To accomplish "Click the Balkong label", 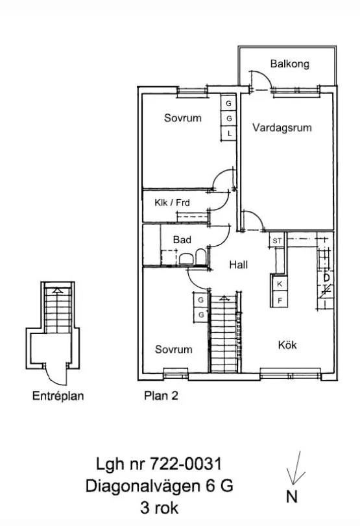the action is tap(289, 64).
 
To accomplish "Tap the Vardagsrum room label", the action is tap(282, 128).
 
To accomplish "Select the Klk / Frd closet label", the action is tap(172, 202).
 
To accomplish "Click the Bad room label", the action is tap(182, 240).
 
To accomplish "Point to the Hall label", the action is tap(239, 265).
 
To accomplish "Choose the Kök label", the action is tap(287, 345).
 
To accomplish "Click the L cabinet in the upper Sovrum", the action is tap(230, 134).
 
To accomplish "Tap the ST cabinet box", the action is tap(277, 241).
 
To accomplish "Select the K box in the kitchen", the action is tap(280, 284).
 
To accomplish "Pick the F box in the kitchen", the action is tap(280, 300).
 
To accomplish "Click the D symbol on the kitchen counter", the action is tap(326, 278).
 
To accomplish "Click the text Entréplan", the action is tap(58, 396).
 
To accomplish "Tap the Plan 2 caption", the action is tap(161, 396).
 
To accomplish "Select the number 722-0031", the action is tap(186, 464).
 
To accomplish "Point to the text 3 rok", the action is tap(160, 508).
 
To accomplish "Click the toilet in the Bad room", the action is tap(200, 257).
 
